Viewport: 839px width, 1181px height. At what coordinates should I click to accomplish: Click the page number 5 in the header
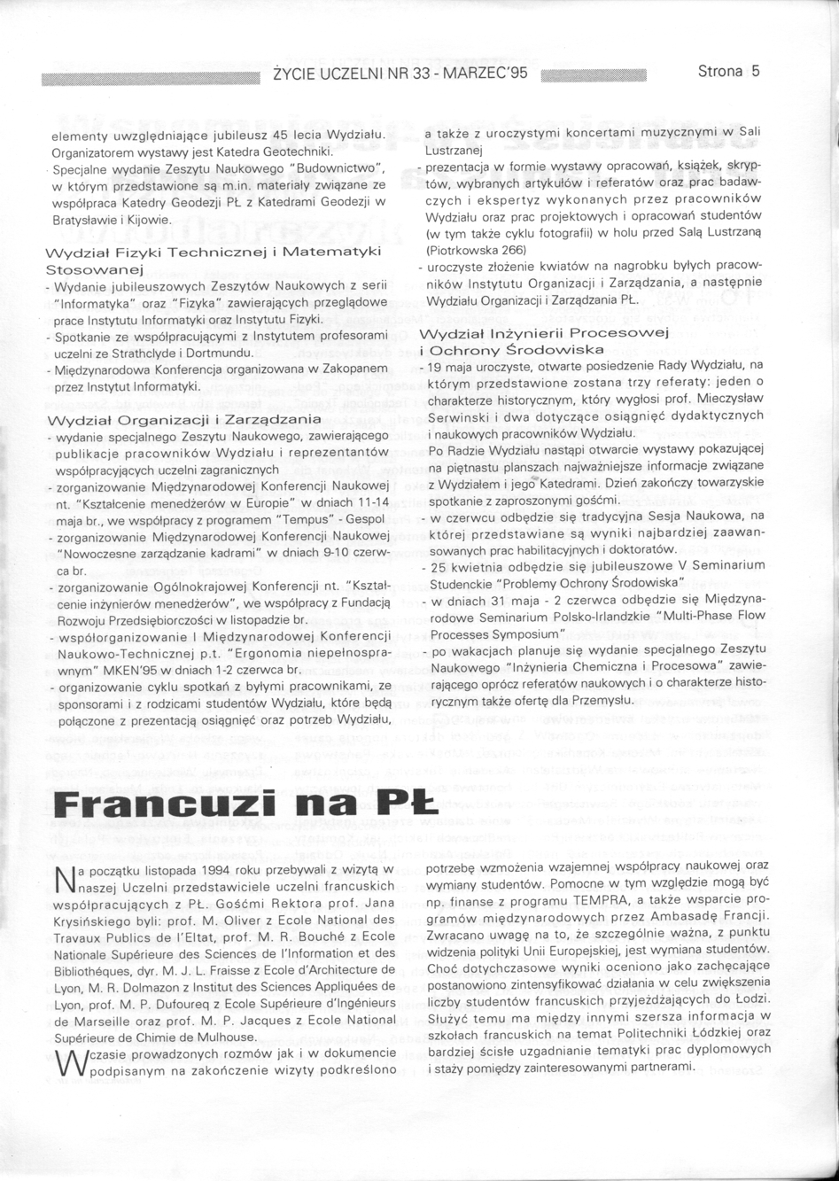756,73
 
